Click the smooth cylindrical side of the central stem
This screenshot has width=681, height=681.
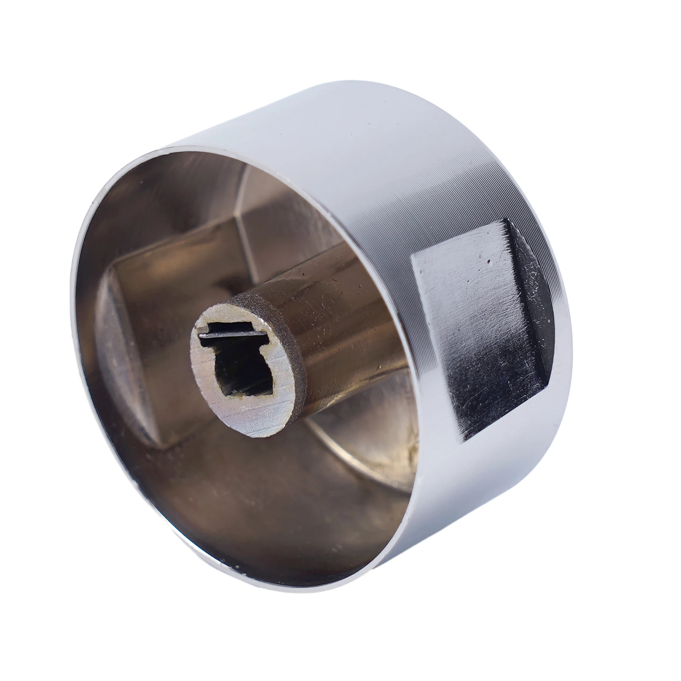[340, 349]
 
